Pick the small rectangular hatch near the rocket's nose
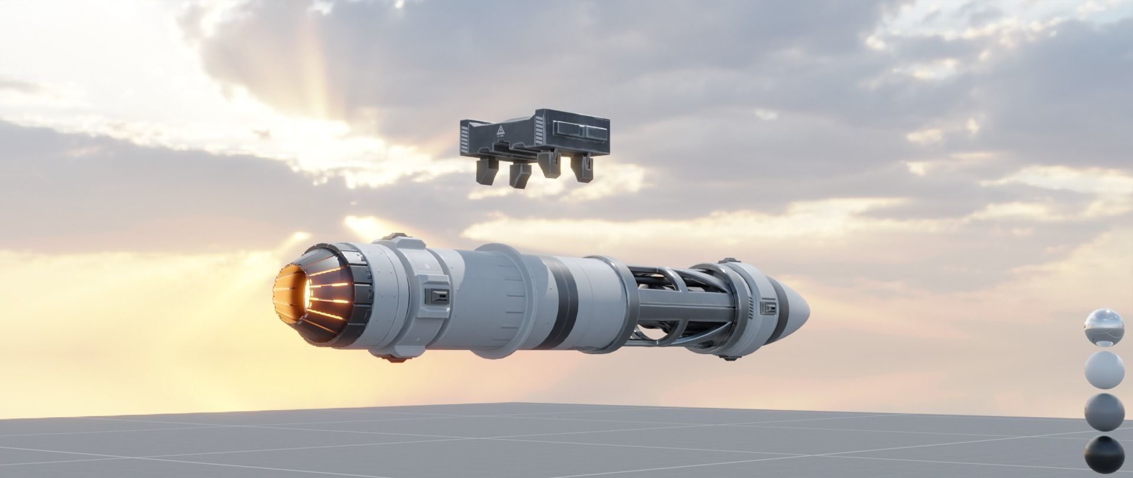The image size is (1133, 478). point(768,307)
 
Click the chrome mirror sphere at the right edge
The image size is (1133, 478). point(1103,327)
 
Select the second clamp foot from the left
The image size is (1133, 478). point(519,175)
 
